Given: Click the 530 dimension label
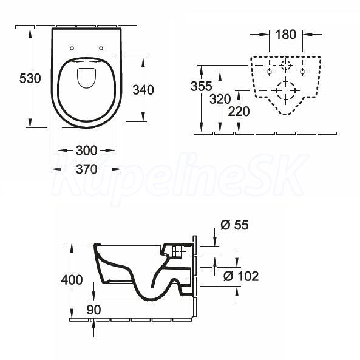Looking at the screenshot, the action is click(x=30, y=78).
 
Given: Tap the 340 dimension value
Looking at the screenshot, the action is click(x=143, y=90).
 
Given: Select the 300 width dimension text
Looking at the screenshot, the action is click(x=87, y=151).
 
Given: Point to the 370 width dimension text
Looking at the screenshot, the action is click(x=87, y=169).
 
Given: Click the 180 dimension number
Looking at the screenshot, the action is click(x=285, y=35).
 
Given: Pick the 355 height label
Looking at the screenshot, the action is click(x=202, y=86).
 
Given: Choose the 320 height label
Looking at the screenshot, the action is click(x=220, y=99).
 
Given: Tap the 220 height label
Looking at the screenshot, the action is click(x=239, y=112).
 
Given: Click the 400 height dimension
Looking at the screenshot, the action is click(x=72, y=280).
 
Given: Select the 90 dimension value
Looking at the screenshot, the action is click(x=94, y=310).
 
